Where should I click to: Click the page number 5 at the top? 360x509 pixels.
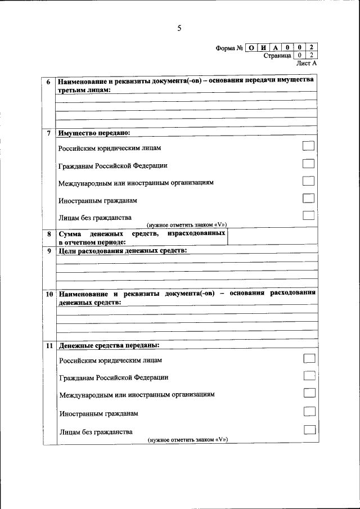179,28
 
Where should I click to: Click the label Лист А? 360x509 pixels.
307,64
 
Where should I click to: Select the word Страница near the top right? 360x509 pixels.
277,56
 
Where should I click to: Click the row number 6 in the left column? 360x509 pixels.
49,82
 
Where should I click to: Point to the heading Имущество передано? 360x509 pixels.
93,133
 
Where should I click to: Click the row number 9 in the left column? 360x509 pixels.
49,251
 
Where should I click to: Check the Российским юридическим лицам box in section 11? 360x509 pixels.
309,358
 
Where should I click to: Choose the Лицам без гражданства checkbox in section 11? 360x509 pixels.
309,430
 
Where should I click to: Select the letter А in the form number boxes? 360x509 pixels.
276,47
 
